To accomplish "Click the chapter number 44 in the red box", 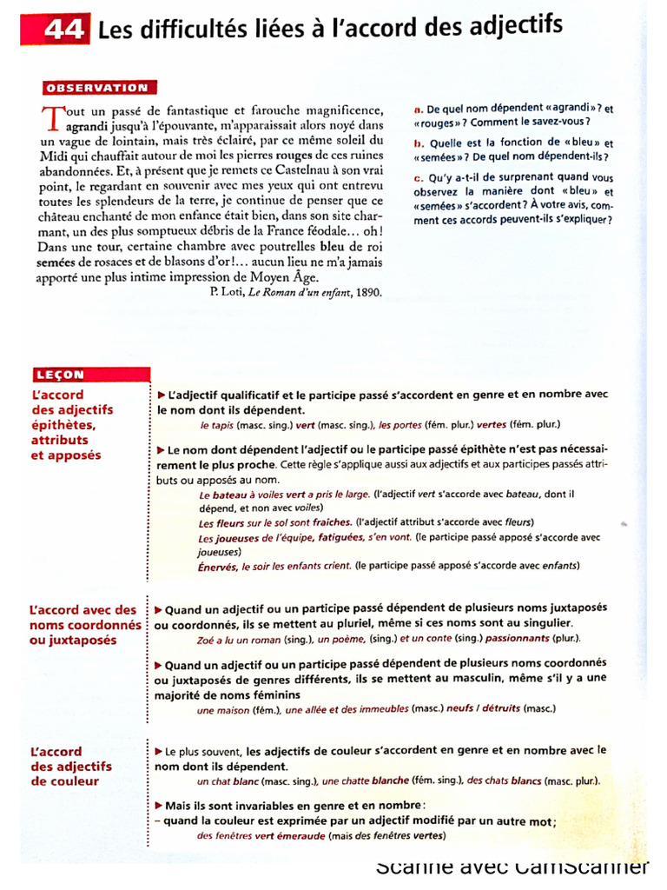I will pyautogui.click(x=63, y=31).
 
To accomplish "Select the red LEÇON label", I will pyautogui.click(x=59, y=375).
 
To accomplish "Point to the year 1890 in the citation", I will pyautogui.click(x=364, y=293).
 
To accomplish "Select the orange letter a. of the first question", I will pyautogui.click(x=418, y=110).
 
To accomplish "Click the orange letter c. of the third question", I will pyautogui.click(x=418, y=178).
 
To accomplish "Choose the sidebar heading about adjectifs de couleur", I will pyautogui.click(x=70, y=766).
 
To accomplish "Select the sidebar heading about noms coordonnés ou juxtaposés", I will pyautogui.click(x=84, y=625).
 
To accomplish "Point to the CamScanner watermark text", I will pyautogui.click(x=512, y=867).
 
